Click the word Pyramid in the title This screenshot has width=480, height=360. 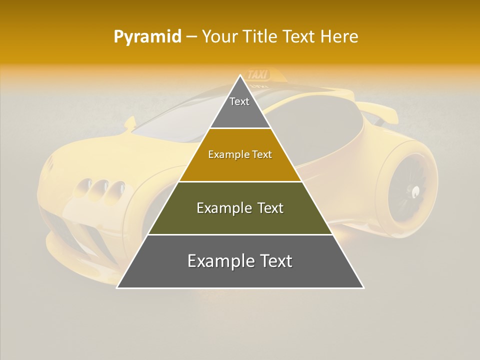[x=147, y=36]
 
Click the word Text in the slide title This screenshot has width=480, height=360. [x=299, y=36]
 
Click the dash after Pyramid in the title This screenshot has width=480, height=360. [x=191, y=37]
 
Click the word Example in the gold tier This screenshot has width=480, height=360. [x=224, y=155]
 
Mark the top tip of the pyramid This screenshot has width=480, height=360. [x=240, y=75]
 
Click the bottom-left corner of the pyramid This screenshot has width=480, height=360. [x=117, y=287]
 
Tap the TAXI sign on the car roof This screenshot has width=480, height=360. [x=258, y=75]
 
